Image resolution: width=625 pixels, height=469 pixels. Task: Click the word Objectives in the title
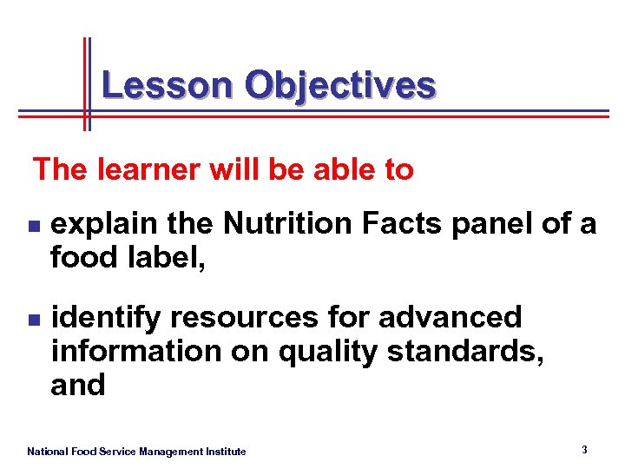[x=339, y=86]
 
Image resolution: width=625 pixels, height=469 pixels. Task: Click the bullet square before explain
[x=32, y=226]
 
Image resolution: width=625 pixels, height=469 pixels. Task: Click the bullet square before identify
[x=32, y=320]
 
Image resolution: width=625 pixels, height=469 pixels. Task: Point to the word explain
[x=105, y=225]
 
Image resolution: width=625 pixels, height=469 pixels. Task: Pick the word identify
[x=105, y=318]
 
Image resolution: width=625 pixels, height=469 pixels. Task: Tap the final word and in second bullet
[x=77, y=384]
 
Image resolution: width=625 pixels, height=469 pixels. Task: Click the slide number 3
[x=584, y=450]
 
